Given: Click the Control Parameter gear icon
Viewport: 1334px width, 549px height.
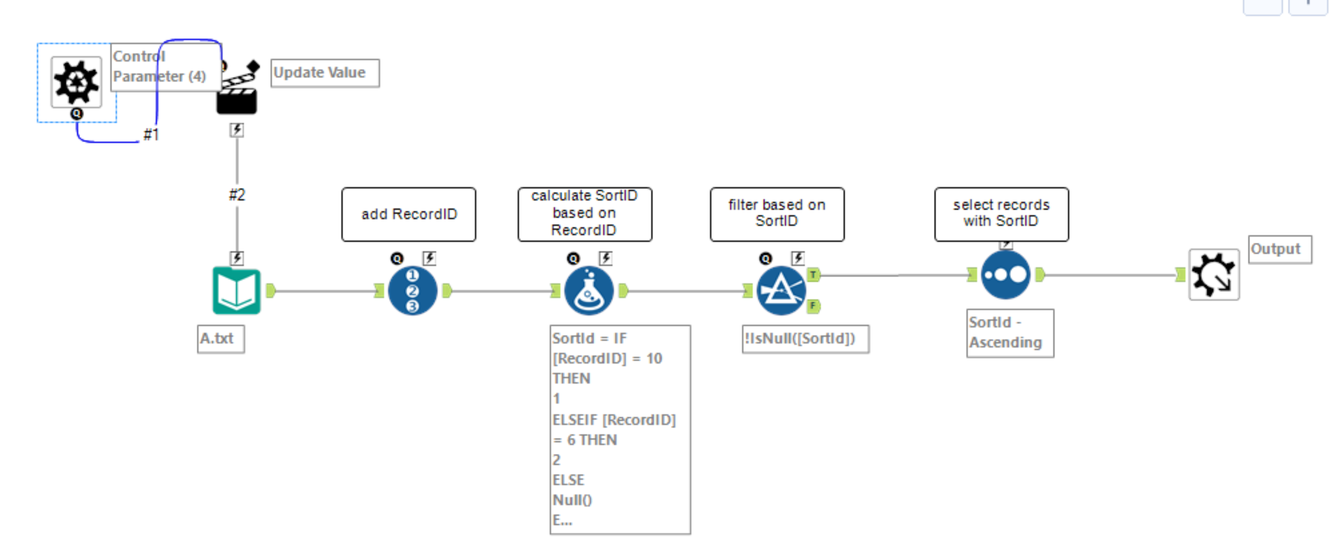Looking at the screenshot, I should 76,82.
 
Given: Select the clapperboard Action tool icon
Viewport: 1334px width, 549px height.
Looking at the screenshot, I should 237,90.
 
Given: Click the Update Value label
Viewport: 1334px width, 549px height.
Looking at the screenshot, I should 324,73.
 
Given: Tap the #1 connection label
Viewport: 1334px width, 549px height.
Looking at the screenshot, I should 151,134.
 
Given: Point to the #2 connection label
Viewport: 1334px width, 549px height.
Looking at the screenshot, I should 237,195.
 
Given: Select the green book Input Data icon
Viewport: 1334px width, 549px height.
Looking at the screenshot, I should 237,290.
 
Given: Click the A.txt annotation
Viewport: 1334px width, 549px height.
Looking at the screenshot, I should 220,339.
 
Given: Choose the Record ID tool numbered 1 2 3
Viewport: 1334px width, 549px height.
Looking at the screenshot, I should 412,290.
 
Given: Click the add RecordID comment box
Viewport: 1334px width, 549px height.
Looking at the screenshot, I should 409,214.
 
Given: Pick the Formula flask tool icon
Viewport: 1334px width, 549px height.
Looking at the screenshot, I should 589,290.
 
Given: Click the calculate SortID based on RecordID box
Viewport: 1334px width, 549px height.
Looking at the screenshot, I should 584,213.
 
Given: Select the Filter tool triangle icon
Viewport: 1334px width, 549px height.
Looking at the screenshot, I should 781,290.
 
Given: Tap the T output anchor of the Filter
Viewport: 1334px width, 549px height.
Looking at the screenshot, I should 813,275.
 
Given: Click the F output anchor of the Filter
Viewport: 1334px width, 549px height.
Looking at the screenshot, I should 813,306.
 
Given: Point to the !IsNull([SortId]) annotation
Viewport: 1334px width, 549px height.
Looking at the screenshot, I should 805,339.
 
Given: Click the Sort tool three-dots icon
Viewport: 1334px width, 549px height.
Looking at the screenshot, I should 1005,275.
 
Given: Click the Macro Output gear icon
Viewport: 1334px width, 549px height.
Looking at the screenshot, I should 1214,275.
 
